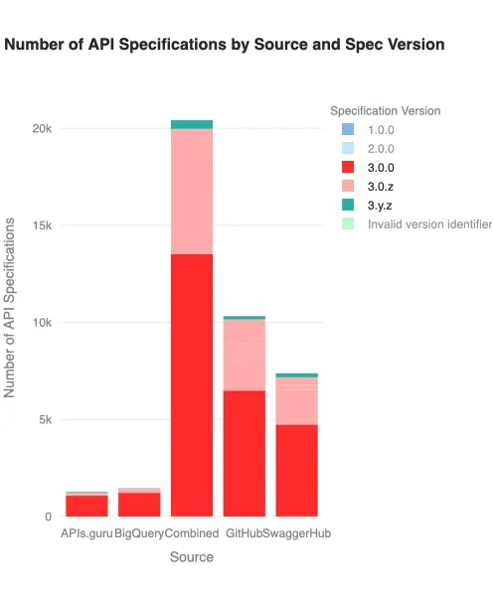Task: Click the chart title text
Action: coord(225,45)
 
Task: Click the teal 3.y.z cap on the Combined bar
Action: coord(192,124)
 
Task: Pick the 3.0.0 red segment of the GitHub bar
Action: coord(244,453)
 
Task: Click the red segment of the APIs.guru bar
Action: coord(86,506)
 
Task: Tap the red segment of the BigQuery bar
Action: coord(139,505)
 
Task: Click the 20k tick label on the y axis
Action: coord(41,129)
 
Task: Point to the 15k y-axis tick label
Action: coord(41,225)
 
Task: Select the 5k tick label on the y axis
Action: coord(44,419)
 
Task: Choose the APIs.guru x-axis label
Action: coord(86,534)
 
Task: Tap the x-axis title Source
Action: coord(191,557)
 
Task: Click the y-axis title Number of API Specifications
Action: coord(11,311)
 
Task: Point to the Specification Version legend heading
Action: coord(385,111)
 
